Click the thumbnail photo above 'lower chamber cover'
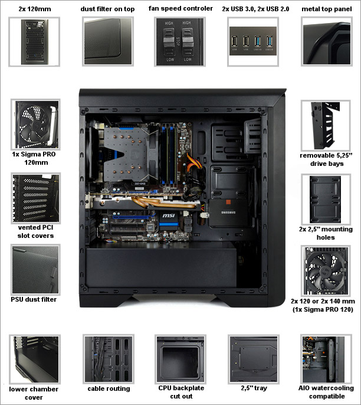(34, 359)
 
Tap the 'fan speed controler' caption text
(180, 9)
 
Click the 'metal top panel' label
(326, 9)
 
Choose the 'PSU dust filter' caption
(34, 299)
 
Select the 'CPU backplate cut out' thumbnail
(180, 359)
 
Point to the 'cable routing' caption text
(109, 388)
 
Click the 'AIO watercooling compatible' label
(326, 393)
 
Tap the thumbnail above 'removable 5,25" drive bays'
(326, 123)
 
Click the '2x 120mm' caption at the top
(34, 9)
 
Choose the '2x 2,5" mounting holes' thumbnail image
(326, 197)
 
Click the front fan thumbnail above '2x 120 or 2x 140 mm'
(326, 269)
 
